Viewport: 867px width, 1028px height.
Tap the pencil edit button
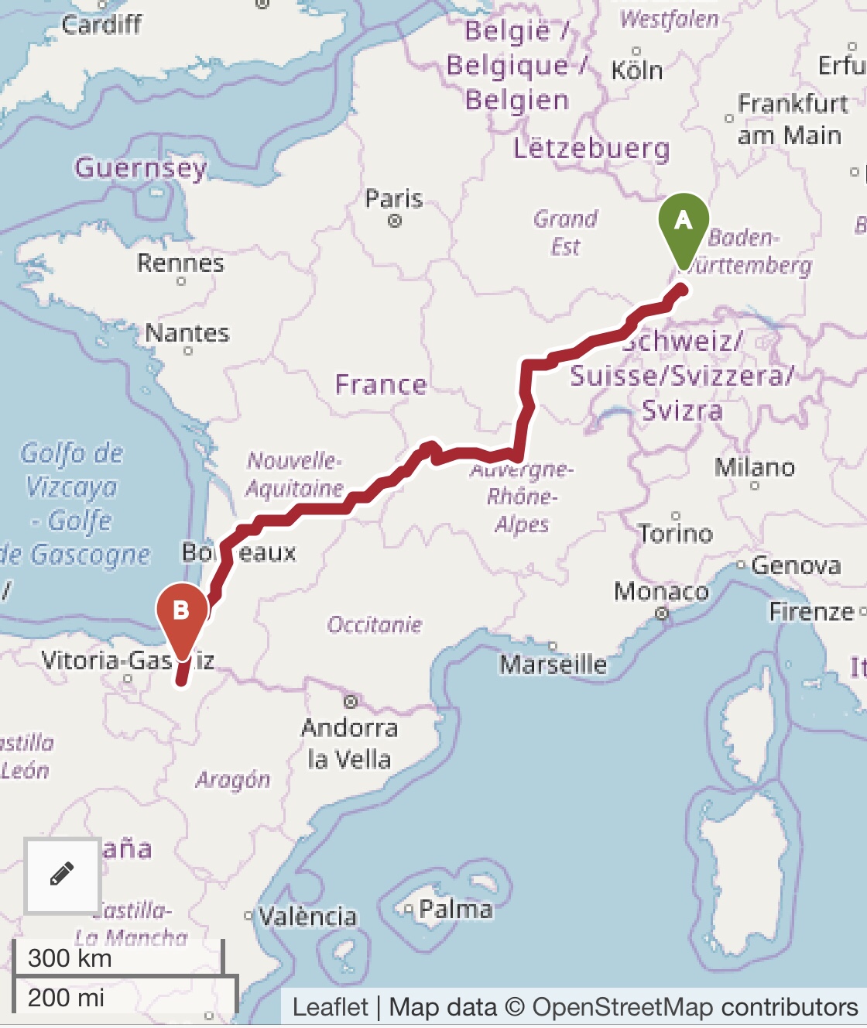[62, 875]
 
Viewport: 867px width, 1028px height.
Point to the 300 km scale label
[70, 958]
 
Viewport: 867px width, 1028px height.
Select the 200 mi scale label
[66, 997]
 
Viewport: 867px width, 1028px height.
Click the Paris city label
[394, 199]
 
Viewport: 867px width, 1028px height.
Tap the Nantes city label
[187, 333]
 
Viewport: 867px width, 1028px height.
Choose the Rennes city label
[180, 263]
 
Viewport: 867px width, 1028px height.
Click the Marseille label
[553, 664]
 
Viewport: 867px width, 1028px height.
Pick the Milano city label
[755, 467]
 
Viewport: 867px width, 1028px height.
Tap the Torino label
[676, 533]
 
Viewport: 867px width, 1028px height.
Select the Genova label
[796, 566]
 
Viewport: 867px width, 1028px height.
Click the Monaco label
[661, 592]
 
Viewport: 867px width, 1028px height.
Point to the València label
[307, 916]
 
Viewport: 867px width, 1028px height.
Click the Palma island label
[455, 909]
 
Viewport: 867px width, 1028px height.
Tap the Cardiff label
[101, 25]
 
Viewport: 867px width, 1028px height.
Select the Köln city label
[637, 70]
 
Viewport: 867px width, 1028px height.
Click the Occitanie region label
[375, 624]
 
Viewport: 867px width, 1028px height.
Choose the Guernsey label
[141, 167]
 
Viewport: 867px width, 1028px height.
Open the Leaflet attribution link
[330, 1007]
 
